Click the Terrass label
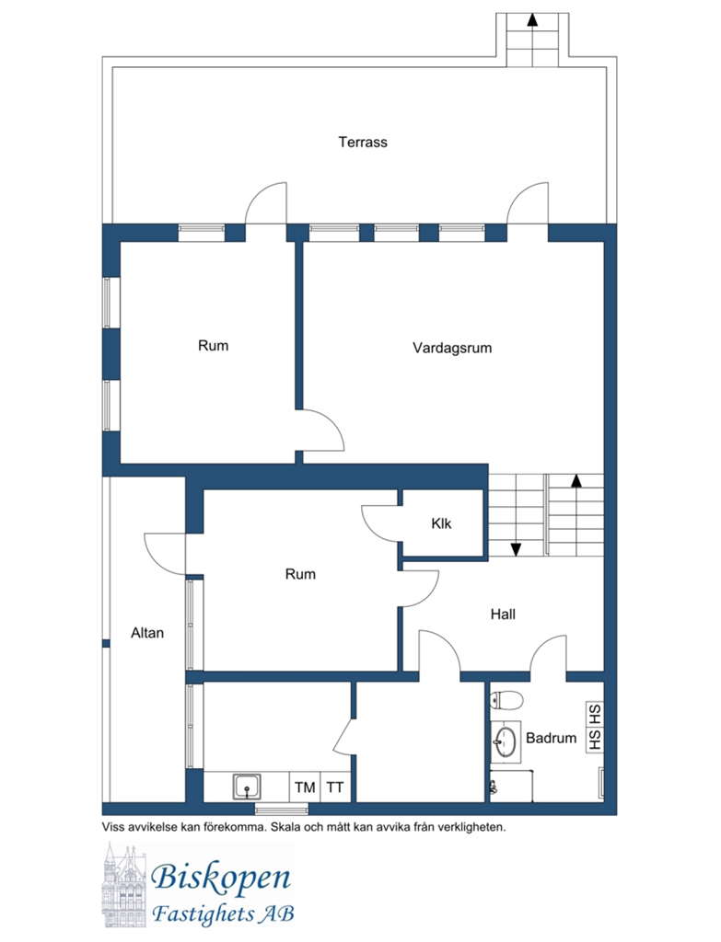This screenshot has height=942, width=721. coord(363,143)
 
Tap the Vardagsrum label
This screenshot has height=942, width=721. coord(452,348)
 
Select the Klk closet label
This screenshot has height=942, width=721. coord(441,523)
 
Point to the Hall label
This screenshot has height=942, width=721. coord(503,614)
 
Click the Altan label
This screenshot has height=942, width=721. coord(147,633)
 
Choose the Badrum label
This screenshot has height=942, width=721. coord(551,738)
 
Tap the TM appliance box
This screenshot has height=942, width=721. coord(305,787)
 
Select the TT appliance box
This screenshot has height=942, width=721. coord(335,787)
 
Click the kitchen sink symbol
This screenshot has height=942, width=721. coord(247,787)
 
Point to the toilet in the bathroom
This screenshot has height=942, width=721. coord(506,700)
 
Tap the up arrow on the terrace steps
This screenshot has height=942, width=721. coord(532,20)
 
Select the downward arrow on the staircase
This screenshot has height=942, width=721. coord(516,548)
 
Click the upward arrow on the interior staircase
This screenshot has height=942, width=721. coord(576,480)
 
